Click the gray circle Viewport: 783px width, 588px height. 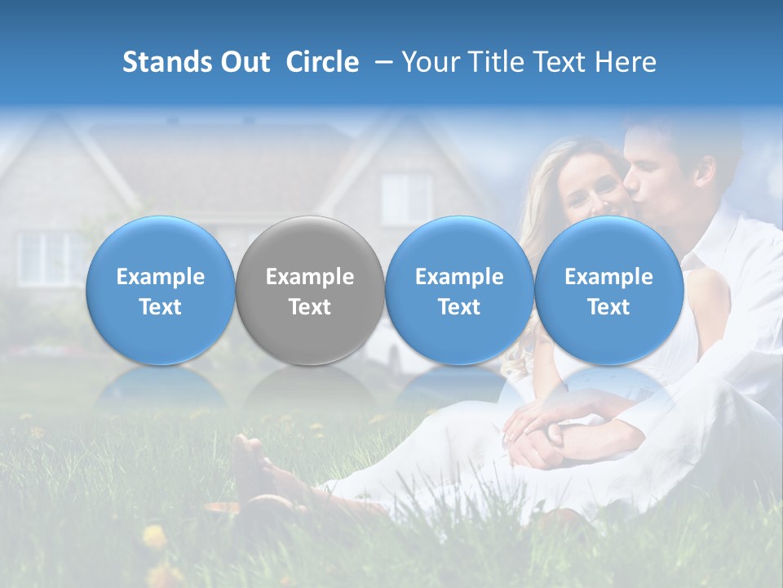(310, 290)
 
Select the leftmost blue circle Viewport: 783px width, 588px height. (160, 290)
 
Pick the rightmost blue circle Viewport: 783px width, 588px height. (608, 290)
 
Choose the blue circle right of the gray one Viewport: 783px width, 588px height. (459, 290)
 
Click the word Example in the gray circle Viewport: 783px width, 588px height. (310, 277)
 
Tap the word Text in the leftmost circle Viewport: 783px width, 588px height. (160, 307)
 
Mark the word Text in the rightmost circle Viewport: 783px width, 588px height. (608, 307)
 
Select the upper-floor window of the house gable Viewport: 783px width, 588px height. (405, 198)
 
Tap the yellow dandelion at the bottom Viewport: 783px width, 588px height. (153, 537)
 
